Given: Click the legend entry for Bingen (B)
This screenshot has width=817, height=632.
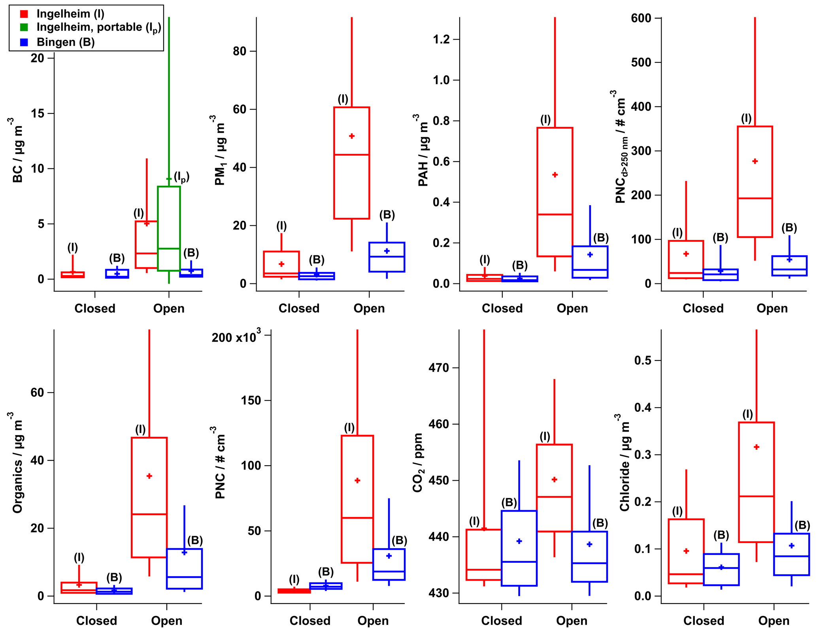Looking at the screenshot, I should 65,42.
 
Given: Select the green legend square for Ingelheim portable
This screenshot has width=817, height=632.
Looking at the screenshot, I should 24,27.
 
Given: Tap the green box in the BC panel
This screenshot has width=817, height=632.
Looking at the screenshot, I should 169,228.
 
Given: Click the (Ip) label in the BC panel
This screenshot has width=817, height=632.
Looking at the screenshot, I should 181,177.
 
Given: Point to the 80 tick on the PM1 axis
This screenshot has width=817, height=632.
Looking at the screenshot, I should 239,51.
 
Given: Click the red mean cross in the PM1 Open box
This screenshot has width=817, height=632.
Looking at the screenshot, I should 352,136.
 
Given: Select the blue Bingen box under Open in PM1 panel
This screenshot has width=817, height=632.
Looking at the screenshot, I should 387,257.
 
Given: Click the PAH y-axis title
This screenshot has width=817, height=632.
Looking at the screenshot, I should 423,150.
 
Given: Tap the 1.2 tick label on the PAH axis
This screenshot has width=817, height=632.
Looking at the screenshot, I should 441,39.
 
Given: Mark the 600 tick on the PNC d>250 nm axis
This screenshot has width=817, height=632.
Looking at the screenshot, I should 641,18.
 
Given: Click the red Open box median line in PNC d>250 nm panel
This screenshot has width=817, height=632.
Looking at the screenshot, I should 755,198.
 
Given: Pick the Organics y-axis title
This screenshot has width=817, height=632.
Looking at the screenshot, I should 17,462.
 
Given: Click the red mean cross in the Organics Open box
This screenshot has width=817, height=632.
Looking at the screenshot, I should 149,476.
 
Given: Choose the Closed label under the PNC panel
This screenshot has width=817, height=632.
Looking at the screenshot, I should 310,621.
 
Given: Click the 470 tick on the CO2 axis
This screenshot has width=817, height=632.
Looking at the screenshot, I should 439,368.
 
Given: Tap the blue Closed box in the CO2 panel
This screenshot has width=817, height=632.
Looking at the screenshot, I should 519,548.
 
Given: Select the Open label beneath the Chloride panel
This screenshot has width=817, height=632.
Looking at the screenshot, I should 774,621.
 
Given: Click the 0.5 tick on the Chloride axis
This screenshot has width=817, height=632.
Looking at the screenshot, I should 642,360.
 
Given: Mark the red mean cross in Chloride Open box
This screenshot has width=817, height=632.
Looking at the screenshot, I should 757,447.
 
